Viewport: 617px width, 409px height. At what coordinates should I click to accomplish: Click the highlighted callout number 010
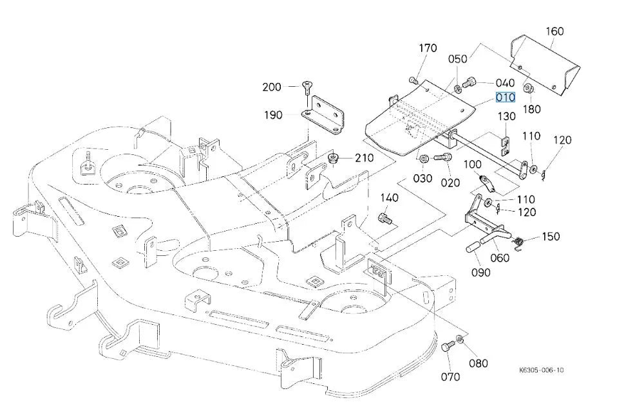coord(505,97)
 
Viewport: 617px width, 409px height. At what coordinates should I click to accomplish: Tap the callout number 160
coord(555,31)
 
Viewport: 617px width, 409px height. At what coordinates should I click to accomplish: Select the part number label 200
coord(272,87)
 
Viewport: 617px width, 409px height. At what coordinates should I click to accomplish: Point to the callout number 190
coord(273,115)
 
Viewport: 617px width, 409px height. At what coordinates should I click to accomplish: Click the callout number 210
coord(364,158)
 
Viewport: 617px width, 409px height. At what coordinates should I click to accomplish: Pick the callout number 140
coord(389,197)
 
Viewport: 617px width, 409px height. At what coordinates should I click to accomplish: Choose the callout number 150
coord(551,237)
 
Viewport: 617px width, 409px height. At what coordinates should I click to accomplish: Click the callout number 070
coord(450,377)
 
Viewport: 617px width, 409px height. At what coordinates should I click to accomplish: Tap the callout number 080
coord(478,363)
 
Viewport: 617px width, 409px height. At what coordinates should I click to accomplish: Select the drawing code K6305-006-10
coord(541,370)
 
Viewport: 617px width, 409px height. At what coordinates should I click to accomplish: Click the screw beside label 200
coord(307,87)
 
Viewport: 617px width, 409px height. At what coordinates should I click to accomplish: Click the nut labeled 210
coord(334,159)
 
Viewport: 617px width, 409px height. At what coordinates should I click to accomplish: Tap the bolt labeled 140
coord(384,218)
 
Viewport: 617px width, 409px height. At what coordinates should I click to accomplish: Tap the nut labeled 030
coord(424,159)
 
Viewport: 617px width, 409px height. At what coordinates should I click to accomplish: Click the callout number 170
coord(428,48)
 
